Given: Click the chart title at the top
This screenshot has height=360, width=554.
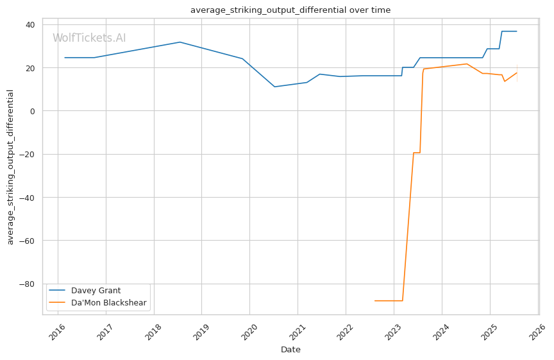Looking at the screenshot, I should (290, 10).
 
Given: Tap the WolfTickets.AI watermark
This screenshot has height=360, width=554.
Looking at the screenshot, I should (89, 39).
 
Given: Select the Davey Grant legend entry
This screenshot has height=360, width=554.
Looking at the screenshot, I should (96, 291).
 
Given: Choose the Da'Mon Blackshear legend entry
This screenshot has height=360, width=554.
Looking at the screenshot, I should (108, 303).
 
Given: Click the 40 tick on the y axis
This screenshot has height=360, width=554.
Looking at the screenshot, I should (30, 24).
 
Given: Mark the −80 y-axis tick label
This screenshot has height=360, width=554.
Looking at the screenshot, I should (28, 284).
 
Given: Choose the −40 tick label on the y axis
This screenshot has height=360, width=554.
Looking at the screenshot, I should (28, 198).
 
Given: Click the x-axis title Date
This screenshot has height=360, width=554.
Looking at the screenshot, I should (290, 350).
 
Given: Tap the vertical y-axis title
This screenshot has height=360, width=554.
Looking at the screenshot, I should (10, 167).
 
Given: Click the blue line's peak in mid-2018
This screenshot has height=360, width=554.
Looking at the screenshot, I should (180, 42).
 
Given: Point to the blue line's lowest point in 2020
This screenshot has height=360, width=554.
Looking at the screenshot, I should (274, 87).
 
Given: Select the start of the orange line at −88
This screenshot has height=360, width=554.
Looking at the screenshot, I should (375, 300).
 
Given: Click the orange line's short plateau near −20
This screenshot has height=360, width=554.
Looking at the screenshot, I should (416, 153).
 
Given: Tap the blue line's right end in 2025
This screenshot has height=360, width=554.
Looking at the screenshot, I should (516, 31).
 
